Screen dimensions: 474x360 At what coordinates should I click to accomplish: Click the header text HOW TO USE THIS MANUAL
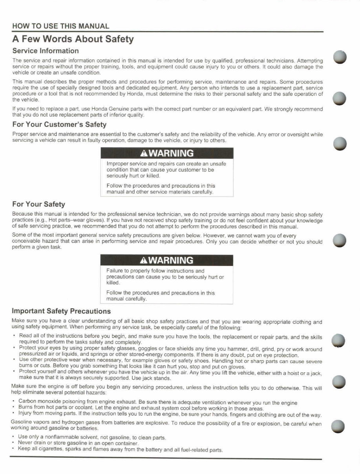[x=60, y=26]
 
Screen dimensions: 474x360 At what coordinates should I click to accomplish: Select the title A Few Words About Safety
[x=73, y=39]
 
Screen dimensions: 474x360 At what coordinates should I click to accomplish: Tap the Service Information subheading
[x=46, y=51]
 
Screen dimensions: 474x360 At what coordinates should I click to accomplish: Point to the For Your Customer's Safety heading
[x=59, y=124]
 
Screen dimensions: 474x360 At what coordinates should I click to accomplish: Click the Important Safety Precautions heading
[x=62, y=311]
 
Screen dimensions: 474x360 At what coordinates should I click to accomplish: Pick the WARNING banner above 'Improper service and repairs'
[x=167, y=153]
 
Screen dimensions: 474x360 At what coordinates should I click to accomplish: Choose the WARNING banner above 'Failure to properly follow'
[x=167, y=260]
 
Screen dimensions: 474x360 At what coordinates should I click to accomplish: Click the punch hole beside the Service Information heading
[x=339, y=57]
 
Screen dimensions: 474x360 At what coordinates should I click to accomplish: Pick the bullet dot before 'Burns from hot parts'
[x=14, y=408]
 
